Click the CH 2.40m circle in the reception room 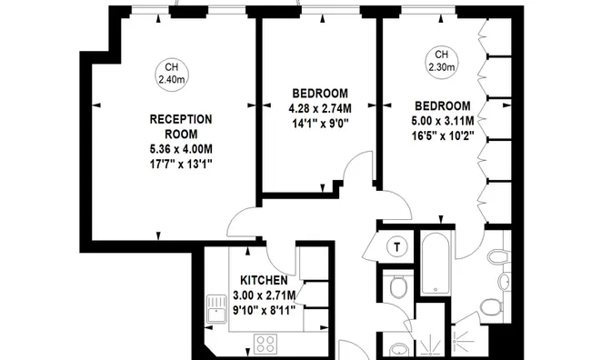pos(168,74)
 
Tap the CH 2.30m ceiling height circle pos(442,60)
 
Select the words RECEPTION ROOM pos(180,126)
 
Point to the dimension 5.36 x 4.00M pos(180,149)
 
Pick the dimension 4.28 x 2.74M pos(320,108)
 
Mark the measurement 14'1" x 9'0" pos(320,123)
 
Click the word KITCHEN pos(264,281)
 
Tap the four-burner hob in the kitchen pos(267,344)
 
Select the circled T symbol pos(396,246)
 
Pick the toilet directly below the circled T pos(396,288)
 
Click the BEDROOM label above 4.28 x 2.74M pos(320,94)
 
